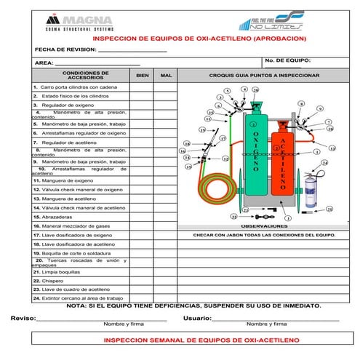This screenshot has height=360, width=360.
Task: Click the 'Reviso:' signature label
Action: [x=23, y=318]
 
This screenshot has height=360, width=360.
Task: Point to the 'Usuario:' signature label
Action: [x=196, y=318]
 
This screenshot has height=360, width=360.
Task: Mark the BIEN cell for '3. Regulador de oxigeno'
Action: [x=142, y=105]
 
